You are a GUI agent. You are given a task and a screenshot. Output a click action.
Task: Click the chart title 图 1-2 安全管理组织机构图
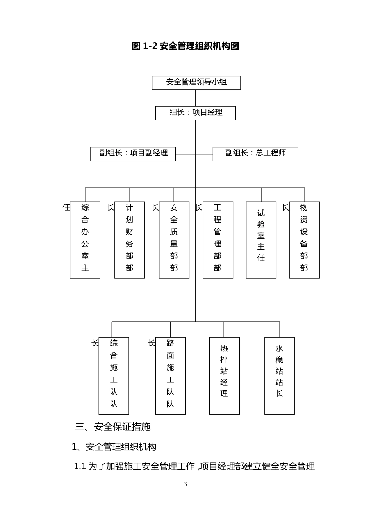(185, 46)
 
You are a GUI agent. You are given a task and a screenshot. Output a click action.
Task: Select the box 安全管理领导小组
(196, 82)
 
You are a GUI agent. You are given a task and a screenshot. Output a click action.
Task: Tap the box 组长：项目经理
(196, 113)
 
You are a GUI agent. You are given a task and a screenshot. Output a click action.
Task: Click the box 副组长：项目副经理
(133, 154)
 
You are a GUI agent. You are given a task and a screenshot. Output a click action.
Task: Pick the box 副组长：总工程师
(255, 154)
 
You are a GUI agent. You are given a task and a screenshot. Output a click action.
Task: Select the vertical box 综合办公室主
(85, 239)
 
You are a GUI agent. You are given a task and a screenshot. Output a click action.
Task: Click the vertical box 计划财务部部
(130, 239)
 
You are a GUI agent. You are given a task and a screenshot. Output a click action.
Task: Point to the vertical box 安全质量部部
(174, 239)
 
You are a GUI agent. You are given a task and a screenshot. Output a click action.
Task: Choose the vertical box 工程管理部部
(218, 239)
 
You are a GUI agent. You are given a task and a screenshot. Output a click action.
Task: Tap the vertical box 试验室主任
(261, 239)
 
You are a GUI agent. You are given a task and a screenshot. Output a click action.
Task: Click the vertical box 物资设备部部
(305, 239)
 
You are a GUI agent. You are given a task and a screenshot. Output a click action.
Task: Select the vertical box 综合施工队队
(114, 375)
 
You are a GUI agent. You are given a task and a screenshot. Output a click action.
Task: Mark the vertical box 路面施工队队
(171, 375)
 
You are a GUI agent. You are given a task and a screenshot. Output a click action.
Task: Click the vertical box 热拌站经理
(224, 375)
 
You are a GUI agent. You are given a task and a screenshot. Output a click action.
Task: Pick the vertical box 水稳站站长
(280, 375)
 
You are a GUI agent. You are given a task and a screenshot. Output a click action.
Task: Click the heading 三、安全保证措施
(113, 427)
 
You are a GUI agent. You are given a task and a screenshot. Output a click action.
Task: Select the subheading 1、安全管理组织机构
(114, 447)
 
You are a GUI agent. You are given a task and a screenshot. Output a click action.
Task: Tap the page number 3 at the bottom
(185, 484)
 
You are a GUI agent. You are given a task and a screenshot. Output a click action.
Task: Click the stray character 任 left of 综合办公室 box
(66, 207)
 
